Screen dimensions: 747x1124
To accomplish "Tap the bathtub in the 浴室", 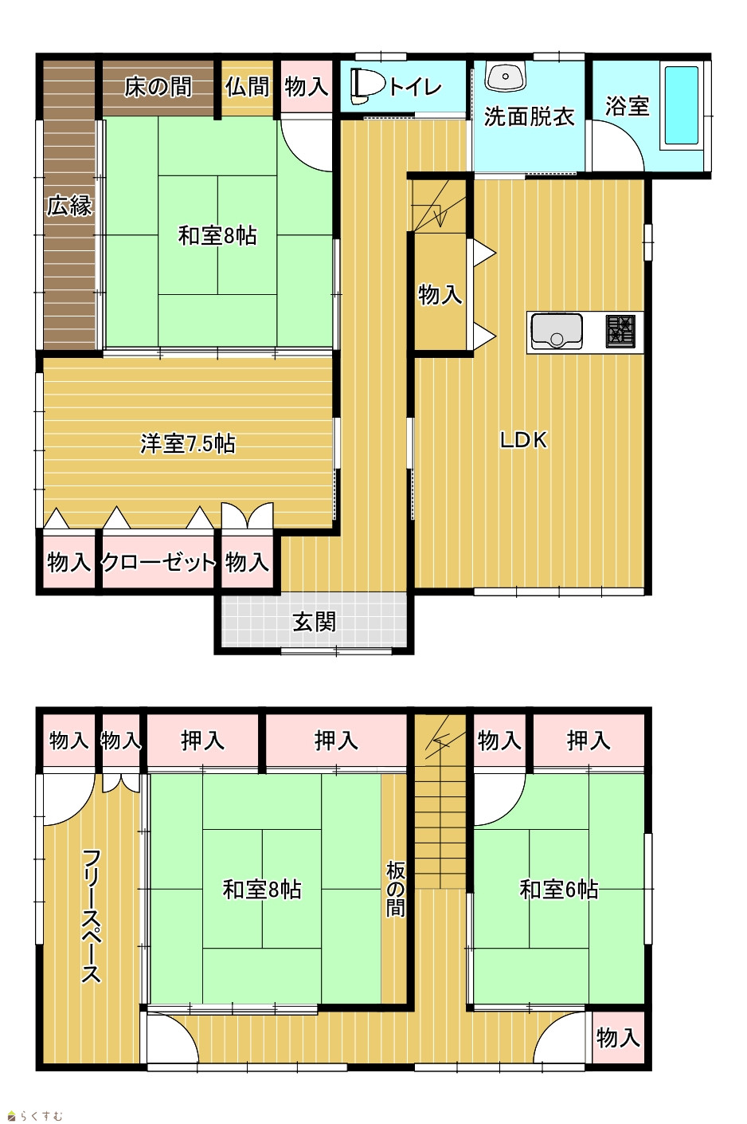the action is pos(682,106).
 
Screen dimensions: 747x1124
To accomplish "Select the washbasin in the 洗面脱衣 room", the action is pos(506,77).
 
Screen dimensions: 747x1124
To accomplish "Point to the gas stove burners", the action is pos(620,331).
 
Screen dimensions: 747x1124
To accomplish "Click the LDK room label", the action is pos(524,440).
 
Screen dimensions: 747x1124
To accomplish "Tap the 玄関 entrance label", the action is pos(315,623).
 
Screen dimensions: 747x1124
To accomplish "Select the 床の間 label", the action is pos(158,87).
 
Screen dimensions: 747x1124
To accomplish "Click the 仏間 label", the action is pos(247,87).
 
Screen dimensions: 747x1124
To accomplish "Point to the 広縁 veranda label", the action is pos(70,205).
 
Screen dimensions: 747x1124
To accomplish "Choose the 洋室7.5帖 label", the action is pos(187,443).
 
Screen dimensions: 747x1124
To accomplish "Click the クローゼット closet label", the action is pos(158,563).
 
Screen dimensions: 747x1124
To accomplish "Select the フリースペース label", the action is pos(92,915).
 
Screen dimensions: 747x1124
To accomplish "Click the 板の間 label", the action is pos(396,890).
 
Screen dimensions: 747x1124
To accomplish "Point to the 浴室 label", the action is pos(627,106).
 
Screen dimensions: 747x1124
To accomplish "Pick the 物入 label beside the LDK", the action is pos(440,294).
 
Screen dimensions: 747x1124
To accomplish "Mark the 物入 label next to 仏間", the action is pos(307,87).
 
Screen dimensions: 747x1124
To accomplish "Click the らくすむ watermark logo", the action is pos(36,1116).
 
